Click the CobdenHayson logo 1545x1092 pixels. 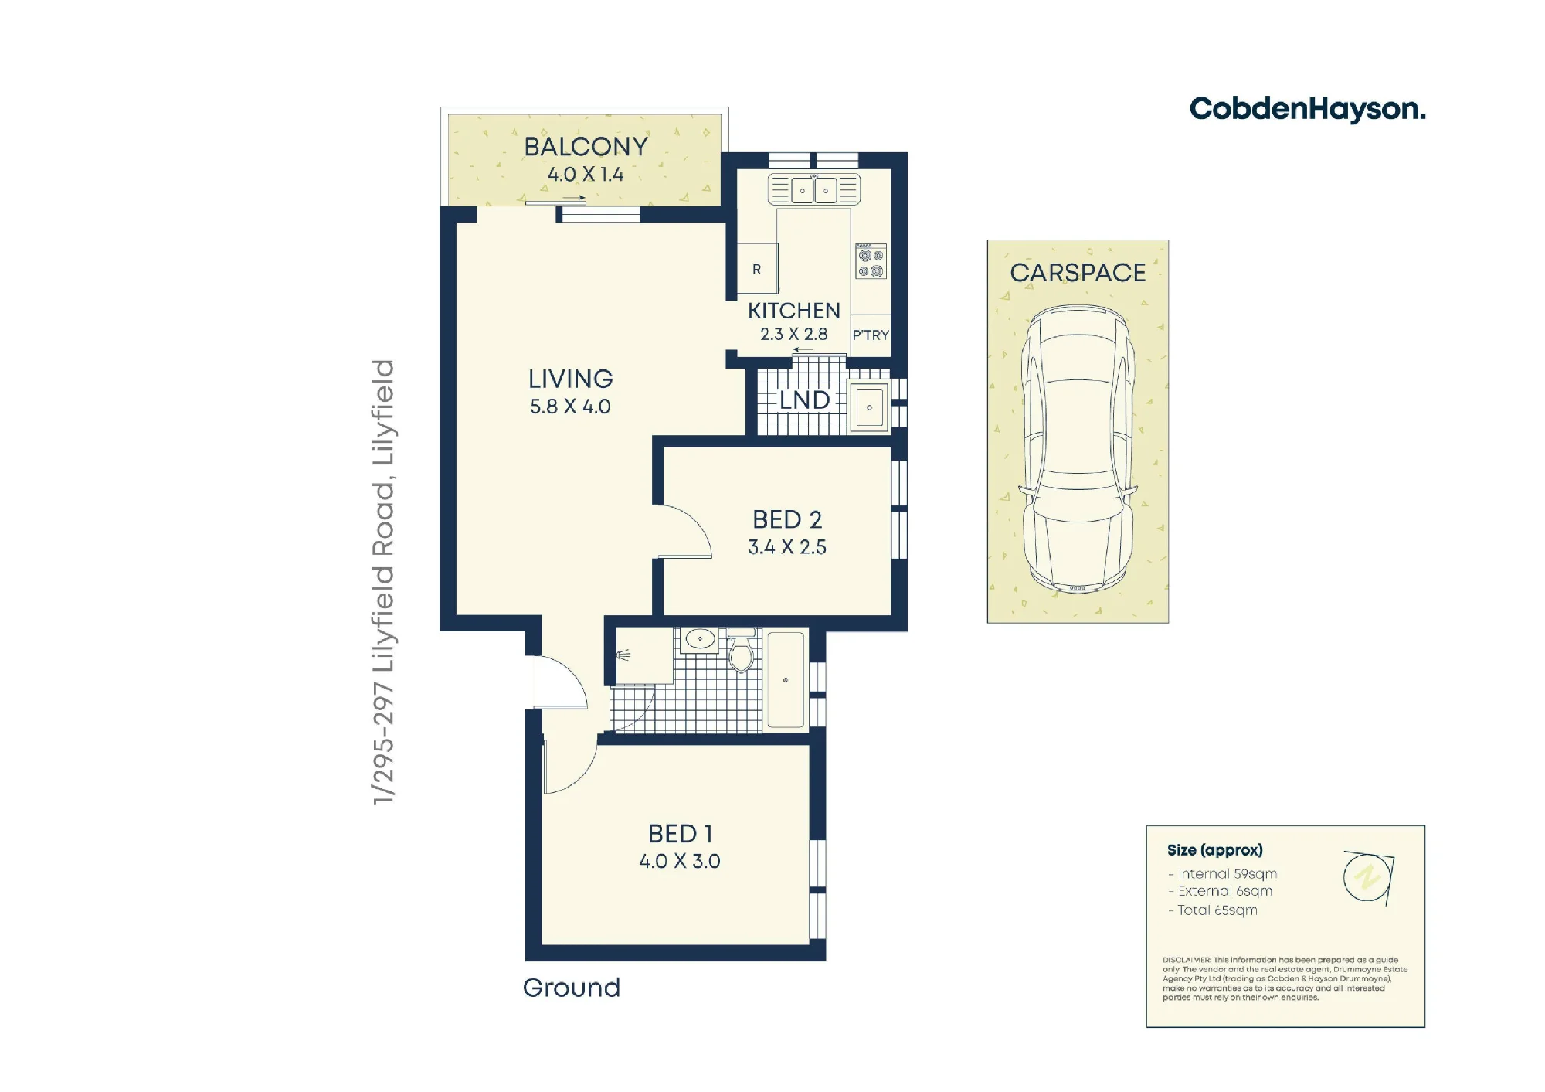(x=1307, y=110)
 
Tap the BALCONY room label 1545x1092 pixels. (x=586, y=147)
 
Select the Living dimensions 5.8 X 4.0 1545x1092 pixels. (x=570, y=407)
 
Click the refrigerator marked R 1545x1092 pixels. (x=757, y=268)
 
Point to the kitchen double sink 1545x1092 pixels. (x=813, y=189)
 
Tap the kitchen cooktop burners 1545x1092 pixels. (x=871, y=261)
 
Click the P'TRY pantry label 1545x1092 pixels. (x=871, y=335)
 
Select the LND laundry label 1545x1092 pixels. (x=804, y=400)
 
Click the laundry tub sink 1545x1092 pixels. (x=869, y=407)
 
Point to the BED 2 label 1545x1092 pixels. (x=787, y=519)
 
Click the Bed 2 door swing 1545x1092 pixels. (x=684, y=531)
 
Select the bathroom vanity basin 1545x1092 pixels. (x=700, y=640)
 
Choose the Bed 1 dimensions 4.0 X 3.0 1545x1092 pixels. (x=680, y=862)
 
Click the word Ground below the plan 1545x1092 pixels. (x=572, y=988)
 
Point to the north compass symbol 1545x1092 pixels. (x=1369, y=878)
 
